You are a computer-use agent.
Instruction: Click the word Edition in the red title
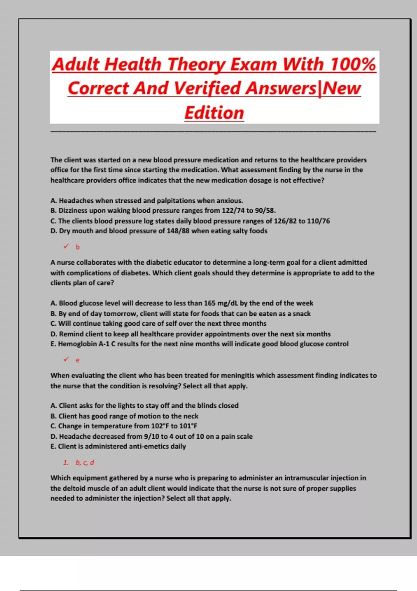click(214, 113)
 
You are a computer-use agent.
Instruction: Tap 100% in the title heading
click(353, 64)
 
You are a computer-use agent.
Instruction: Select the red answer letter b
click(77, 247)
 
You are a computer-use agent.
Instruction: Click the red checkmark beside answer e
click(66, 359)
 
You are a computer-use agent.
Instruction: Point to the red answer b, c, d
click(85, 463)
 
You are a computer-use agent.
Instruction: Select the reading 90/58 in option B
click(265, 211)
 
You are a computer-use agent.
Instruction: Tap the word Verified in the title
click(207, 88)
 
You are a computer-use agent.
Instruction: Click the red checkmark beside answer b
click(66, 246)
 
